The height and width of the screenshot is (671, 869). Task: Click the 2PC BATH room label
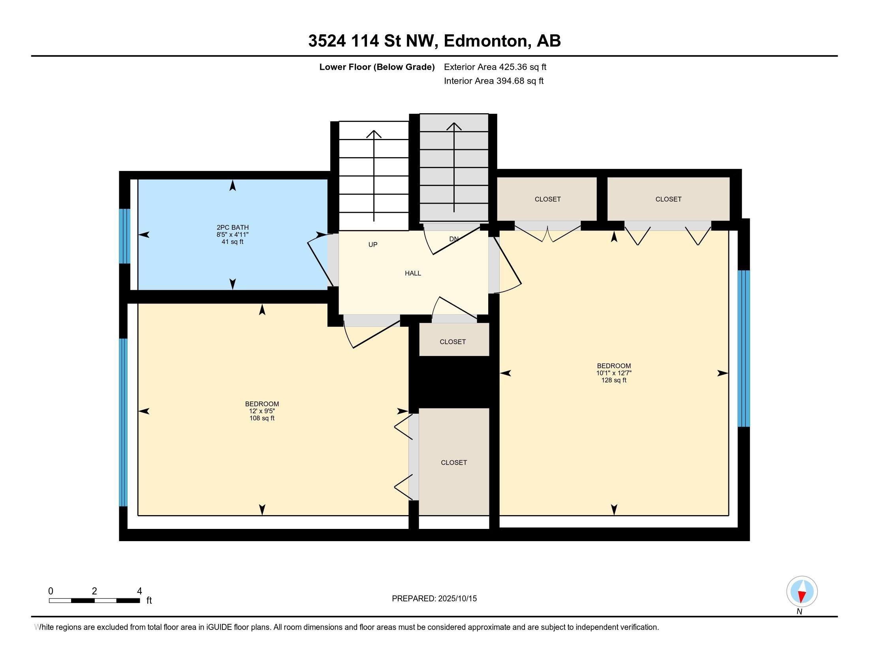tap(232, 228)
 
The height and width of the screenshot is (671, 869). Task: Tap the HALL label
tap(413, 273)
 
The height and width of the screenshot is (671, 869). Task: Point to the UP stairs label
tap(373, 244)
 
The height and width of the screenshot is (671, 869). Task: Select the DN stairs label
tap(453, 239)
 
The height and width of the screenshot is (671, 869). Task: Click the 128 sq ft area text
tap(613, 380)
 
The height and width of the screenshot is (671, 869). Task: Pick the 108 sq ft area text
tap(262, 418)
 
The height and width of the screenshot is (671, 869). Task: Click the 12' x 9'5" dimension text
tap(262, 411)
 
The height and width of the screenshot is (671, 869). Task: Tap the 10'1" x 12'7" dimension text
tap(613, 373)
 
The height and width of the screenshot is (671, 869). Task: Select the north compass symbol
tap(802, 592)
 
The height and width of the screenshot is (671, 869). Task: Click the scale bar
tap(94, 600)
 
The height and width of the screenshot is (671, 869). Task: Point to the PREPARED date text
tap(434, 598)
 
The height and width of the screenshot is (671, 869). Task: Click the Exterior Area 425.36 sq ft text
tap(495, 67)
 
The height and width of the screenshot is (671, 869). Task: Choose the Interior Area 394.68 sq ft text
tap(493, 81)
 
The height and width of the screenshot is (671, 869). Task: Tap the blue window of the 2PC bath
tap(124, 236)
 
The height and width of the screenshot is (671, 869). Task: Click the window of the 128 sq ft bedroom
tap(744, 349)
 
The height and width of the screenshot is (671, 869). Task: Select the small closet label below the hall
tap(452, 341)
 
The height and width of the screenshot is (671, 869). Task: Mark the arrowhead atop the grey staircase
tap(454, 126)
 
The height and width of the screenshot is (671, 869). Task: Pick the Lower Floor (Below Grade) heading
tap(377, 67)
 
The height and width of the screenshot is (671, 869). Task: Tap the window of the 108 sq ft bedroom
tap(124, 422)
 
